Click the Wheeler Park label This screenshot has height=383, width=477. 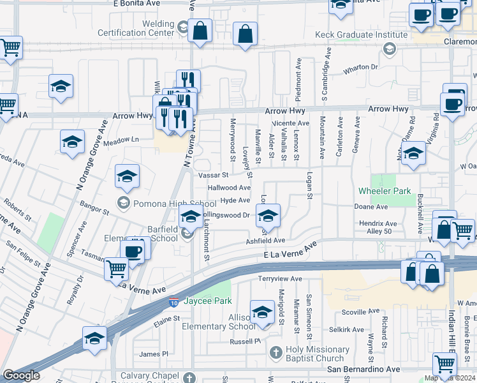pyautogui.click(x=385, y=191)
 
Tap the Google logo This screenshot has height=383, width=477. pyautogui.click(x=21, y=375)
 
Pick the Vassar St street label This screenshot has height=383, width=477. pyautogui.click(x=213, y=175)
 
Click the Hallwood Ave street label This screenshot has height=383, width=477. pyautogui.click(x=229, y=188)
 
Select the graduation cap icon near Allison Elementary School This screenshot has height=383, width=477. pyautogui.click(x=261, y=311)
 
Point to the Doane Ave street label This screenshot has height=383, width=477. pyautogui.click(x=372, y=207)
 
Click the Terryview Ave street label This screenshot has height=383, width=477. pyautogui.click(x=280, y=279)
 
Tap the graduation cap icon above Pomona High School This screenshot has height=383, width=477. pyautogui.click(x=127, y=176)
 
